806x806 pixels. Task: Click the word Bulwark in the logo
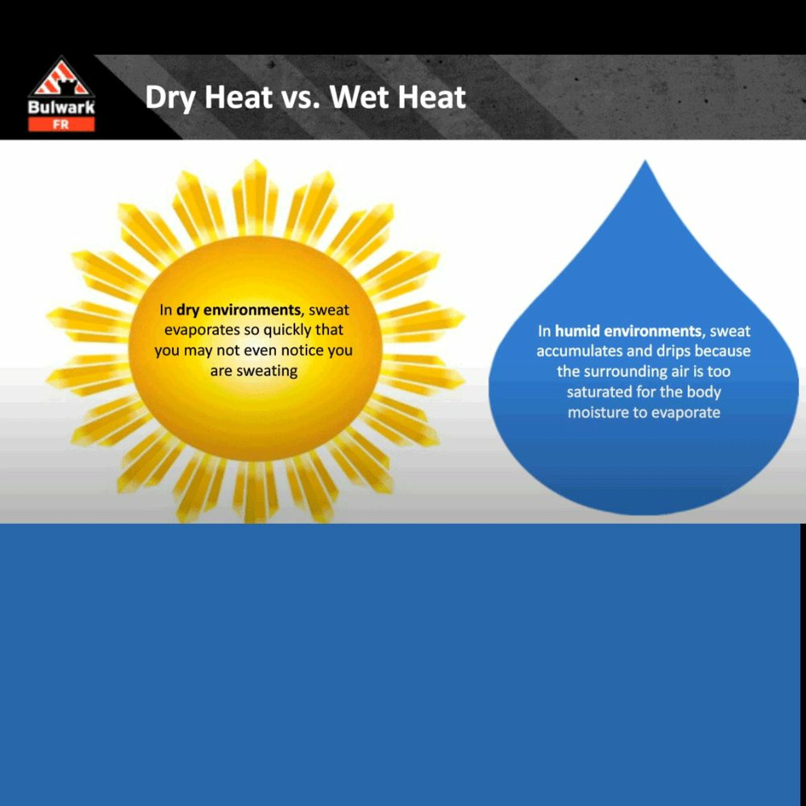(61, 108)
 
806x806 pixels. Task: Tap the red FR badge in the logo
(61, 124)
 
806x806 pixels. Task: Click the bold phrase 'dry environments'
(238, 310)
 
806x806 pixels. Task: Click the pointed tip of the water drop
(645, 161)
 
